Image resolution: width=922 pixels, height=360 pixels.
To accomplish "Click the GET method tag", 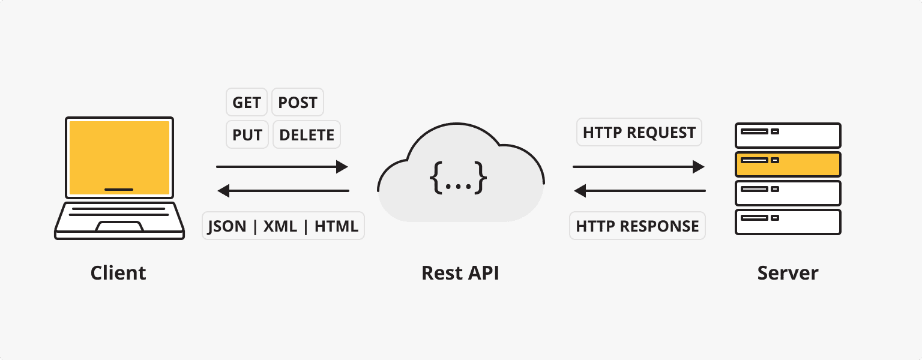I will point(247,103).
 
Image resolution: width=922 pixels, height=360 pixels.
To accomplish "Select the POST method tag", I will point(298,103).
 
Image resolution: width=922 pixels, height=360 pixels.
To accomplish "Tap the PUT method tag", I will point(247,135).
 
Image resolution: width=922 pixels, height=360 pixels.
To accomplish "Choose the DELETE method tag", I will point(307,135).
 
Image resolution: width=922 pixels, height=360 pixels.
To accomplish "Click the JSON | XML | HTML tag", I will point(283,226).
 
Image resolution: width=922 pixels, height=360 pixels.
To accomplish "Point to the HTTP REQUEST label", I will point(639,133).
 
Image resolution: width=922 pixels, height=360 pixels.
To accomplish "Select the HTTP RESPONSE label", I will point(637,226).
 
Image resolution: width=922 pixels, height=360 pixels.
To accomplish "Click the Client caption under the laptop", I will point(118,273).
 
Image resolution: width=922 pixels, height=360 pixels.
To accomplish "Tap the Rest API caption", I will point(460,273).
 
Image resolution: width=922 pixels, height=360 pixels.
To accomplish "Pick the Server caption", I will point(788,273).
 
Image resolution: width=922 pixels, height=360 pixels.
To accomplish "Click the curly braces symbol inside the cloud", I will point(458,178).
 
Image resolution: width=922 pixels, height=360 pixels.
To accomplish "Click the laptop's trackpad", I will point(119,226).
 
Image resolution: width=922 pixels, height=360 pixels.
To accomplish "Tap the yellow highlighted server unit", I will point(788,164).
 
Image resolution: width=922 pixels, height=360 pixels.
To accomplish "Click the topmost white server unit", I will point(788,135).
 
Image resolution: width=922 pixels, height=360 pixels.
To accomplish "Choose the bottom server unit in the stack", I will point(788,222).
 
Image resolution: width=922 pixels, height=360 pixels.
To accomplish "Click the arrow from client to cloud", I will point(282,167).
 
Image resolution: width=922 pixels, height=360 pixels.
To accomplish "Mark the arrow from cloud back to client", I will point(283,191).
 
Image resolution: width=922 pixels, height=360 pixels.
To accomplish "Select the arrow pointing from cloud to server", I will point(639,167).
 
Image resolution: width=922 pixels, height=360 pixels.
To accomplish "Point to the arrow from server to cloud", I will point(639,191).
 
